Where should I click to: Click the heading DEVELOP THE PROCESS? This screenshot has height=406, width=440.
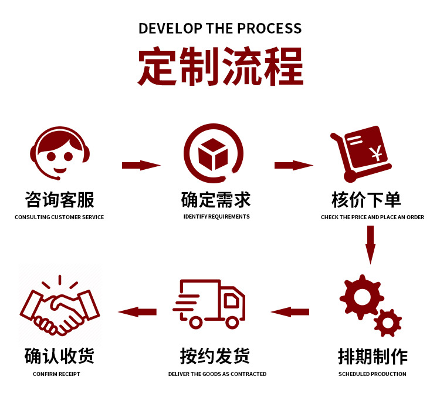220,28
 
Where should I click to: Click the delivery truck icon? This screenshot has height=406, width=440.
209,303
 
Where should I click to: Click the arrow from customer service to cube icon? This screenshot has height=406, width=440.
141,165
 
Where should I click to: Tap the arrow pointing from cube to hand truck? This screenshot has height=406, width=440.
293,165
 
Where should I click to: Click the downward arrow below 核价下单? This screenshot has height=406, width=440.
370,244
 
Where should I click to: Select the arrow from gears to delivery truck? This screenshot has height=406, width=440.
290,311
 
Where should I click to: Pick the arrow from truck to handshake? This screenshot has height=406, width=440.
137,311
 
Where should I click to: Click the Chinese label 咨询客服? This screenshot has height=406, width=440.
59,200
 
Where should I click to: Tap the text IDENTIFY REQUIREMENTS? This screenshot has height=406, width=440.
216,217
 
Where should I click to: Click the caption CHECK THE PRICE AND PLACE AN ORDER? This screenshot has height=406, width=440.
373,217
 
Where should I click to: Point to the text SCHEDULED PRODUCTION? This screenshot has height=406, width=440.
373,374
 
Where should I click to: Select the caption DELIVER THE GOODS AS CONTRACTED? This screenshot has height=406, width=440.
217,374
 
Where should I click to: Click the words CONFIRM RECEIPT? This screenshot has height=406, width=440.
56,374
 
